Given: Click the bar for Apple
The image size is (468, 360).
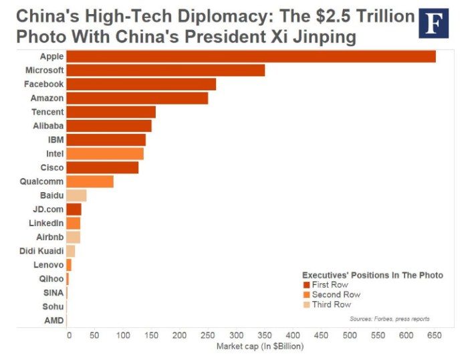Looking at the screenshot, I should (x=251, y=56).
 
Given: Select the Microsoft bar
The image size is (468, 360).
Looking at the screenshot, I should (x=165, y=70).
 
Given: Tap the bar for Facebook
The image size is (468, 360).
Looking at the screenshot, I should (x=141, y=84).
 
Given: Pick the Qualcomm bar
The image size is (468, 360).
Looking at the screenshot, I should (x=90, y=181).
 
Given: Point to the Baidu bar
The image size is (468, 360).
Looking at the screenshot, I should (x=76, y=195).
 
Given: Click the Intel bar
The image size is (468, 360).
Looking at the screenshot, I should (x=104, y=154).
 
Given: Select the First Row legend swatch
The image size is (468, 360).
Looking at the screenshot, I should (x=306, y=285).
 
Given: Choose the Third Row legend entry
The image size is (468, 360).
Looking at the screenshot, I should (x=331, y=304).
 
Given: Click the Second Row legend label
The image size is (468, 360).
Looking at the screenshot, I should (x=336, y=294).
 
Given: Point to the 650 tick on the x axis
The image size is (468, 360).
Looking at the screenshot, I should (x=435, y=335).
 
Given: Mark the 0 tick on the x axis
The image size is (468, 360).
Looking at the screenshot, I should (x=68, y=335).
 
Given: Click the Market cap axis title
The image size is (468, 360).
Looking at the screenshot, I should (x=259, y=346).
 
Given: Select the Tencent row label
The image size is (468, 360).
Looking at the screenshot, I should (x=47, y=112).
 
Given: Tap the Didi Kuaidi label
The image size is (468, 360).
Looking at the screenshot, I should (x=42, y=251).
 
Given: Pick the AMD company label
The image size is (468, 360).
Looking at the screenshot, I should (x=54, y=321).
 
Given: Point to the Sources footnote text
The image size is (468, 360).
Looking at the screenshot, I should (x=389, y=319).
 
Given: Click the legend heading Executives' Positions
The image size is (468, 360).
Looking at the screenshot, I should (x=372, y=275).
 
